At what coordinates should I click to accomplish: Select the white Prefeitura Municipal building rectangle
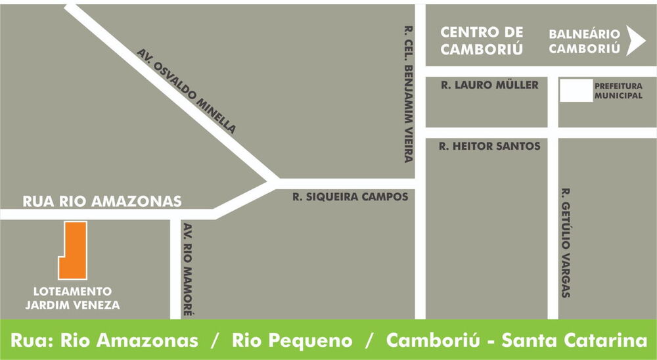pyautogui.click(x=575, y=91)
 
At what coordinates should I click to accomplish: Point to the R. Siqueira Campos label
pyautogui.click(x=350, y=196)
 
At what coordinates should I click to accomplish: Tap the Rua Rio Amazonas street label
pyautogui.click(x=102, y=202)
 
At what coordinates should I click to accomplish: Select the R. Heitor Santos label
pyautogui.click(x=489, y=146)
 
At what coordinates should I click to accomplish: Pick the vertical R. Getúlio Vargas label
pyautogui.click(x=566, y=242)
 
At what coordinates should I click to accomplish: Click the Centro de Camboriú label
pyautogui.click(x=482, y=40)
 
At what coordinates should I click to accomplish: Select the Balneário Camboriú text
pyautogui.click(x=585, y=41)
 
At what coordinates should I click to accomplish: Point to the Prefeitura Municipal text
pyautogui.click(x=618, y=91)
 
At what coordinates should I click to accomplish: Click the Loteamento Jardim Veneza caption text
pyautogui.click(x=72, y=298)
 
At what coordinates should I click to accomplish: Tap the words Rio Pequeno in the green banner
pyautogui.click(x=292, y=341)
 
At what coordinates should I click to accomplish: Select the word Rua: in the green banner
pyautogui.click(x=32, y=341)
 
